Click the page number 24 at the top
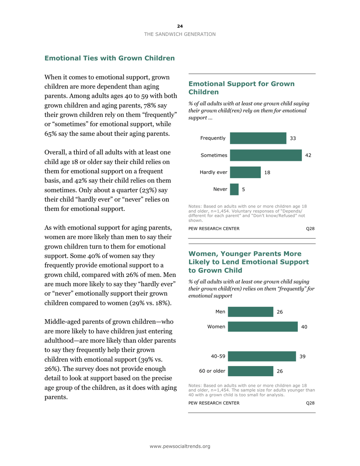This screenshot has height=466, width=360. [x=180, y=26]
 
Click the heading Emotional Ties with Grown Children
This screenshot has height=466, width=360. [x=110, y=58]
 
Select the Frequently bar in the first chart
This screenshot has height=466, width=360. [x=258, y=138]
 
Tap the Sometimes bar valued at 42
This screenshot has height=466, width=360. [x=266, y=155]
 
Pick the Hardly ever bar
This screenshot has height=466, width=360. [x=245, y=172]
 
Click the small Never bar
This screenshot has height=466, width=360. [x=234, y=189]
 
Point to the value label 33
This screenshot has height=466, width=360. [x=293, y=138]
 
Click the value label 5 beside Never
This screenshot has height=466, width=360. [x=243, y=189]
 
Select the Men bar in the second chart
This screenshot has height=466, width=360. [x=250, y=312]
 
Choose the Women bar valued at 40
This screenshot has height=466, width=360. [x=263, y=327]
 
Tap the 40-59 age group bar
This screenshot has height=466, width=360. [x=261, y=357]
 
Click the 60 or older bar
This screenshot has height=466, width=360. [x=250, y=371]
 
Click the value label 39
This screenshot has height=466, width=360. [x=302, y=357]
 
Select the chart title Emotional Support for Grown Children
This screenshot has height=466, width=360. [x=241, y=88]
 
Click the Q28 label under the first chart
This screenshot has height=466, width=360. [x=310, y=228]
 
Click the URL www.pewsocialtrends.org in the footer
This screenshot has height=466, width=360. [x=180, y=447]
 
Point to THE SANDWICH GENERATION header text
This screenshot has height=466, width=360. [x=180, y=34]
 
